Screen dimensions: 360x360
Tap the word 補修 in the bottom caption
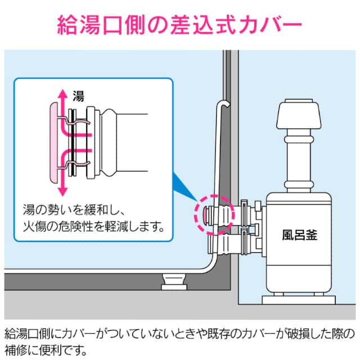(16, 349)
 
